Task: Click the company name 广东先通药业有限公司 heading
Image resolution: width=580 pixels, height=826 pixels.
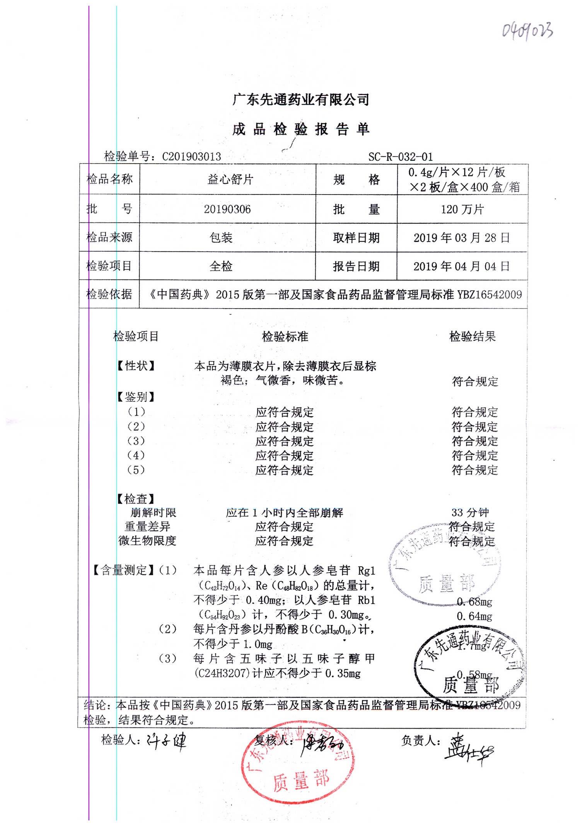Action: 301,100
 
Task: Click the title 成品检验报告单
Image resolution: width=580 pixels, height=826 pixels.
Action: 301,129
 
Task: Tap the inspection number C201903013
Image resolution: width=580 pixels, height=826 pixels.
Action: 191,157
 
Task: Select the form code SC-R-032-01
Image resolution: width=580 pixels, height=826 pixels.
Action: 400,157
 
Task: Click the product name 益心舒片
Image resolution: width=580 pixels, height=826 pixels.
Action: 230,179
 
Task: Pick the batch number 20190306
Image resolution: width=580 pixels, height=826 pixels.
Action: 227,209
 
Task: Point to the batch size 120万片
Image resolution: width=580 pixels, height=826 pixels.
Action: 462,209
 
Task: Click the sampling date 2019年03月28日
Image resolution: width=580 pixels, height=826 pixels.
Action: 462,237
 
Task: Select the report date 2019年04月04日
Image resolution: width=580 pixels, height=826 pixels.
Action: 462,266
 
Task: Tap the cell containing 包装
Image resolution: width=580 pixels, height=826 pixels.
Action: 221,237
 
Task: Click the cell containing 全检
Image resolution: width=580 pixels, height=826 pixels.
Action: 221,266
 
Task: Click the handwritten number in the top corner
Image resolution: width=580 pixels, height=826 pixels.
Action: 527,31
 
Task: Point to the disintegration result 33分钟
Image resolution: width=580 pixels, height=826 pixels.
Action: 470,512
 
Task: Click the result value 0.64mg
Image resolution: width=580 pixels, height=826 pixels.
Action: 474,616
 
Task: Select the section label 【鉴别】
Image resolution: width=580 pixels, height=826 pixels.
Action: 136,397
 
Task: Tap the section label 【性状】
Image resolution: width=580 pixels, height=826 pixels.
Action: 136,365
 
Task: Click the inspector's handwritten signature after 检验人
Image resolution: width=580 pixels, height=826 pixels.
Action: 167,741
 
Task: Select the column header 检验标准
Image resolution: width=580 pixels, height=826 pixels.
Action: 285,336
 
